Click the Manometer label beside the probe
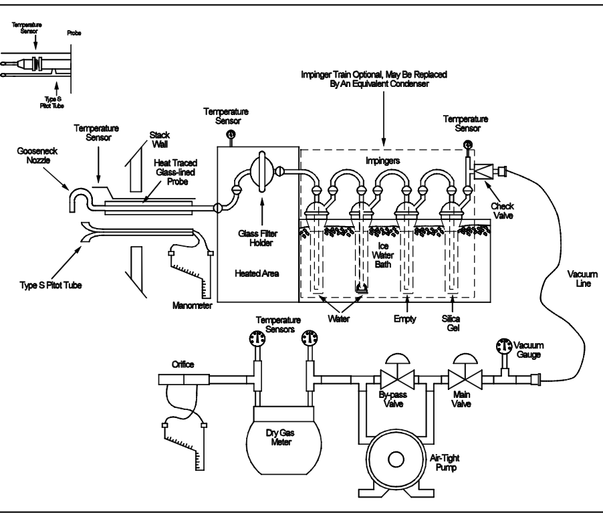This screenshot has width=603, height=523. click(193, 307)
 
